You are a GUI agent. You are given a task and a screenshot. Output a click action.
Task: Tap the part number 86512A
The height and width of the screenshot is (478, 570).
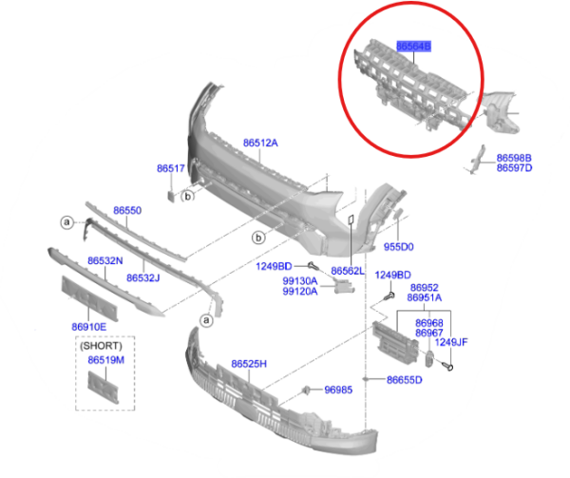point(260,143)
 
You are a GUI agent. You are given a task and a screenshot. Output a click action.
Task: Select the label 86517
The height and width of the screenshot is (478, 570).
point(170,168)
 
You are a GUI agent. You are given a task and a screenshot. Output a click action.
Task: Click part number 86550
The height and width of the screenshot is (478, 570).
point(127,210)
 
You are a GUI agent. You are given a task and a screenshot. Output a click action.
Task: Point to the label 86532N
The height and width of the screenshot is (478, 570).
point(104,259)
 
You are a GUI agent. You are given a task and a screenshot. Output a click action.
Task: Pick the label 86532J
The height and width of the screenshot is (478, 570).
point(143,277)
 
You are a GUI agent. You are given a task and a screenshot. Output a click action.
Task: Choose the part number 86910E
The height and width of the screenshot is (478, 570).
point(88,327)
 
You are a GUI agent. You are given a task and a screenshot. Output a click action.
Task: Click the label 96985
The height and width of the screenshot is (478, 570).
point(339,390)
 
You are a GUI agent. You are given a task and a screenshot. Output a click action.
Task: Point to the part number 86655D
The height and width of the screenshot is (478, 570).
point(404,380)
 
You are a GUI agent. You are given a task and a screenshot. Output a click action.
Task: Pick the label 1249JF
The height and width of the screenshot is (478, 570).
point(452,342)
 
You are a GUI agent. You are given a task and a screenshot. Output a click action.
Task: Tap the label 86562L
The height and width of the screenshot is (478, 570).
point(349,271)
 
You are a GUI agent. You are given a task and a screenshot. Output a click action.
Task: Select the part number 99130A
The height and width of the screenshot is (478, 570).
point(300,281)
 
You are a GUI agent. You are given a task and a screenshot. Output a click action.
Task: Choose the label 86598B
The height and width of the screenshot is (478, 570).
point(514,158)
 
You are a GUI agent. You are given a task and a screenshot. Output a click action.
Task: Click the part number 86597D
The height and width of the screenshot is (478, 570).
point(514,168)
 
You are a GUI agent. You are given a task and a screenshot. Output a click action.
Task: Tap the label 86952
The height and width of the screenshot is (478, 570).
point(424,287)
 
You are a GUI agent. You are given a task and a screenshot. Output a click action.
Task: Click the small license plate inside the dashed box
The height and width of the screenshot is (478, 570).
point(101,383)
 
